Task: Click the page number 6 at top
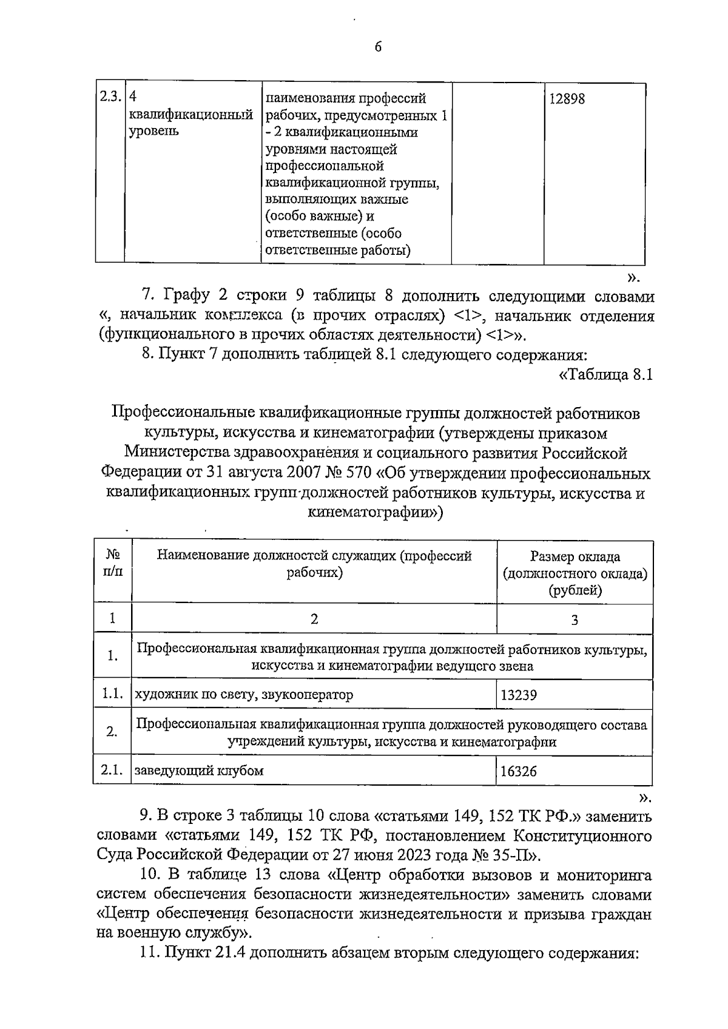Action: (378, 47)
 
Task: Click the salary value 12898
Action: (567, 99)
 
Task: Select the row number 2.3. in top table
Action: (109, 97)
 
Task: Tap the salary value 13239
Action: (518, 695)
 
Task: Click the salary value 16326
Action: (518, 772)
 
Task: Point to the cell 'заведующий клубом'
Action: (199, 771)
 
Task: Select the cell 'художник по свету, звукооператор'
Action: (243, 695)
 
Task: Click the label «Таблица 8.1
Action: (605, 375)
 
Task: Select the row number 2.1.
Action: (112, 771)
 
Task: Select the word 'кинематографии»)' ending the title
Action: (376, 513)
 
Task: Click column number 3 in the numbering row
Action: (575, 619)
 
